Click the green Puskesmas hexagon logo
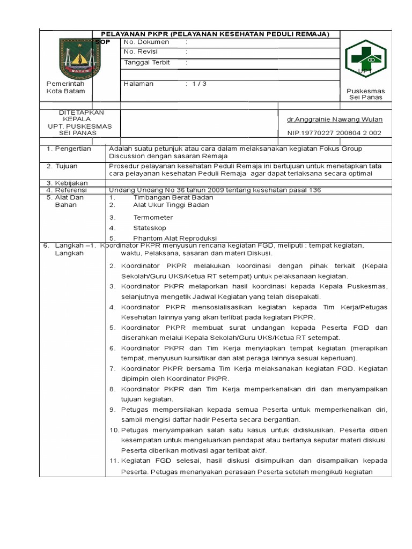click(365, 58)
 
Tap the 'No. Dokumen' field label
click(146, 42)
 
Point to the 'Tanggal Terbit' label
click(147, 62)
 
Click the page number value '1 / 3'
click(196, 84)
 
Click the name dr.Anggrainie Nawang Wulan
click(335, 120)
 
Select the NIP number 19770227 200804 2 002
click(334, 133)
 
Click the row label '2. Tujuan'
click(64, 166)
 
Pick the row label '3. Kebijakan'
click(68, 183)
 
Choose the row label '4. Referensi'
click(68, 190)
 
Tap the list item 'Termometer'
click(153, 218)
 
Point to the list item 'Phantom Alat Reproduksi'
click(175, 238)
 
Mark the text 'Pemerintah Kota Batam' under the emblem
click(65, 87)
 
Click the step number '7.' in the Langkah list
click(113, 369)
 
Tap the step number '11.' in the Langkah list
click(114, 461)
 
